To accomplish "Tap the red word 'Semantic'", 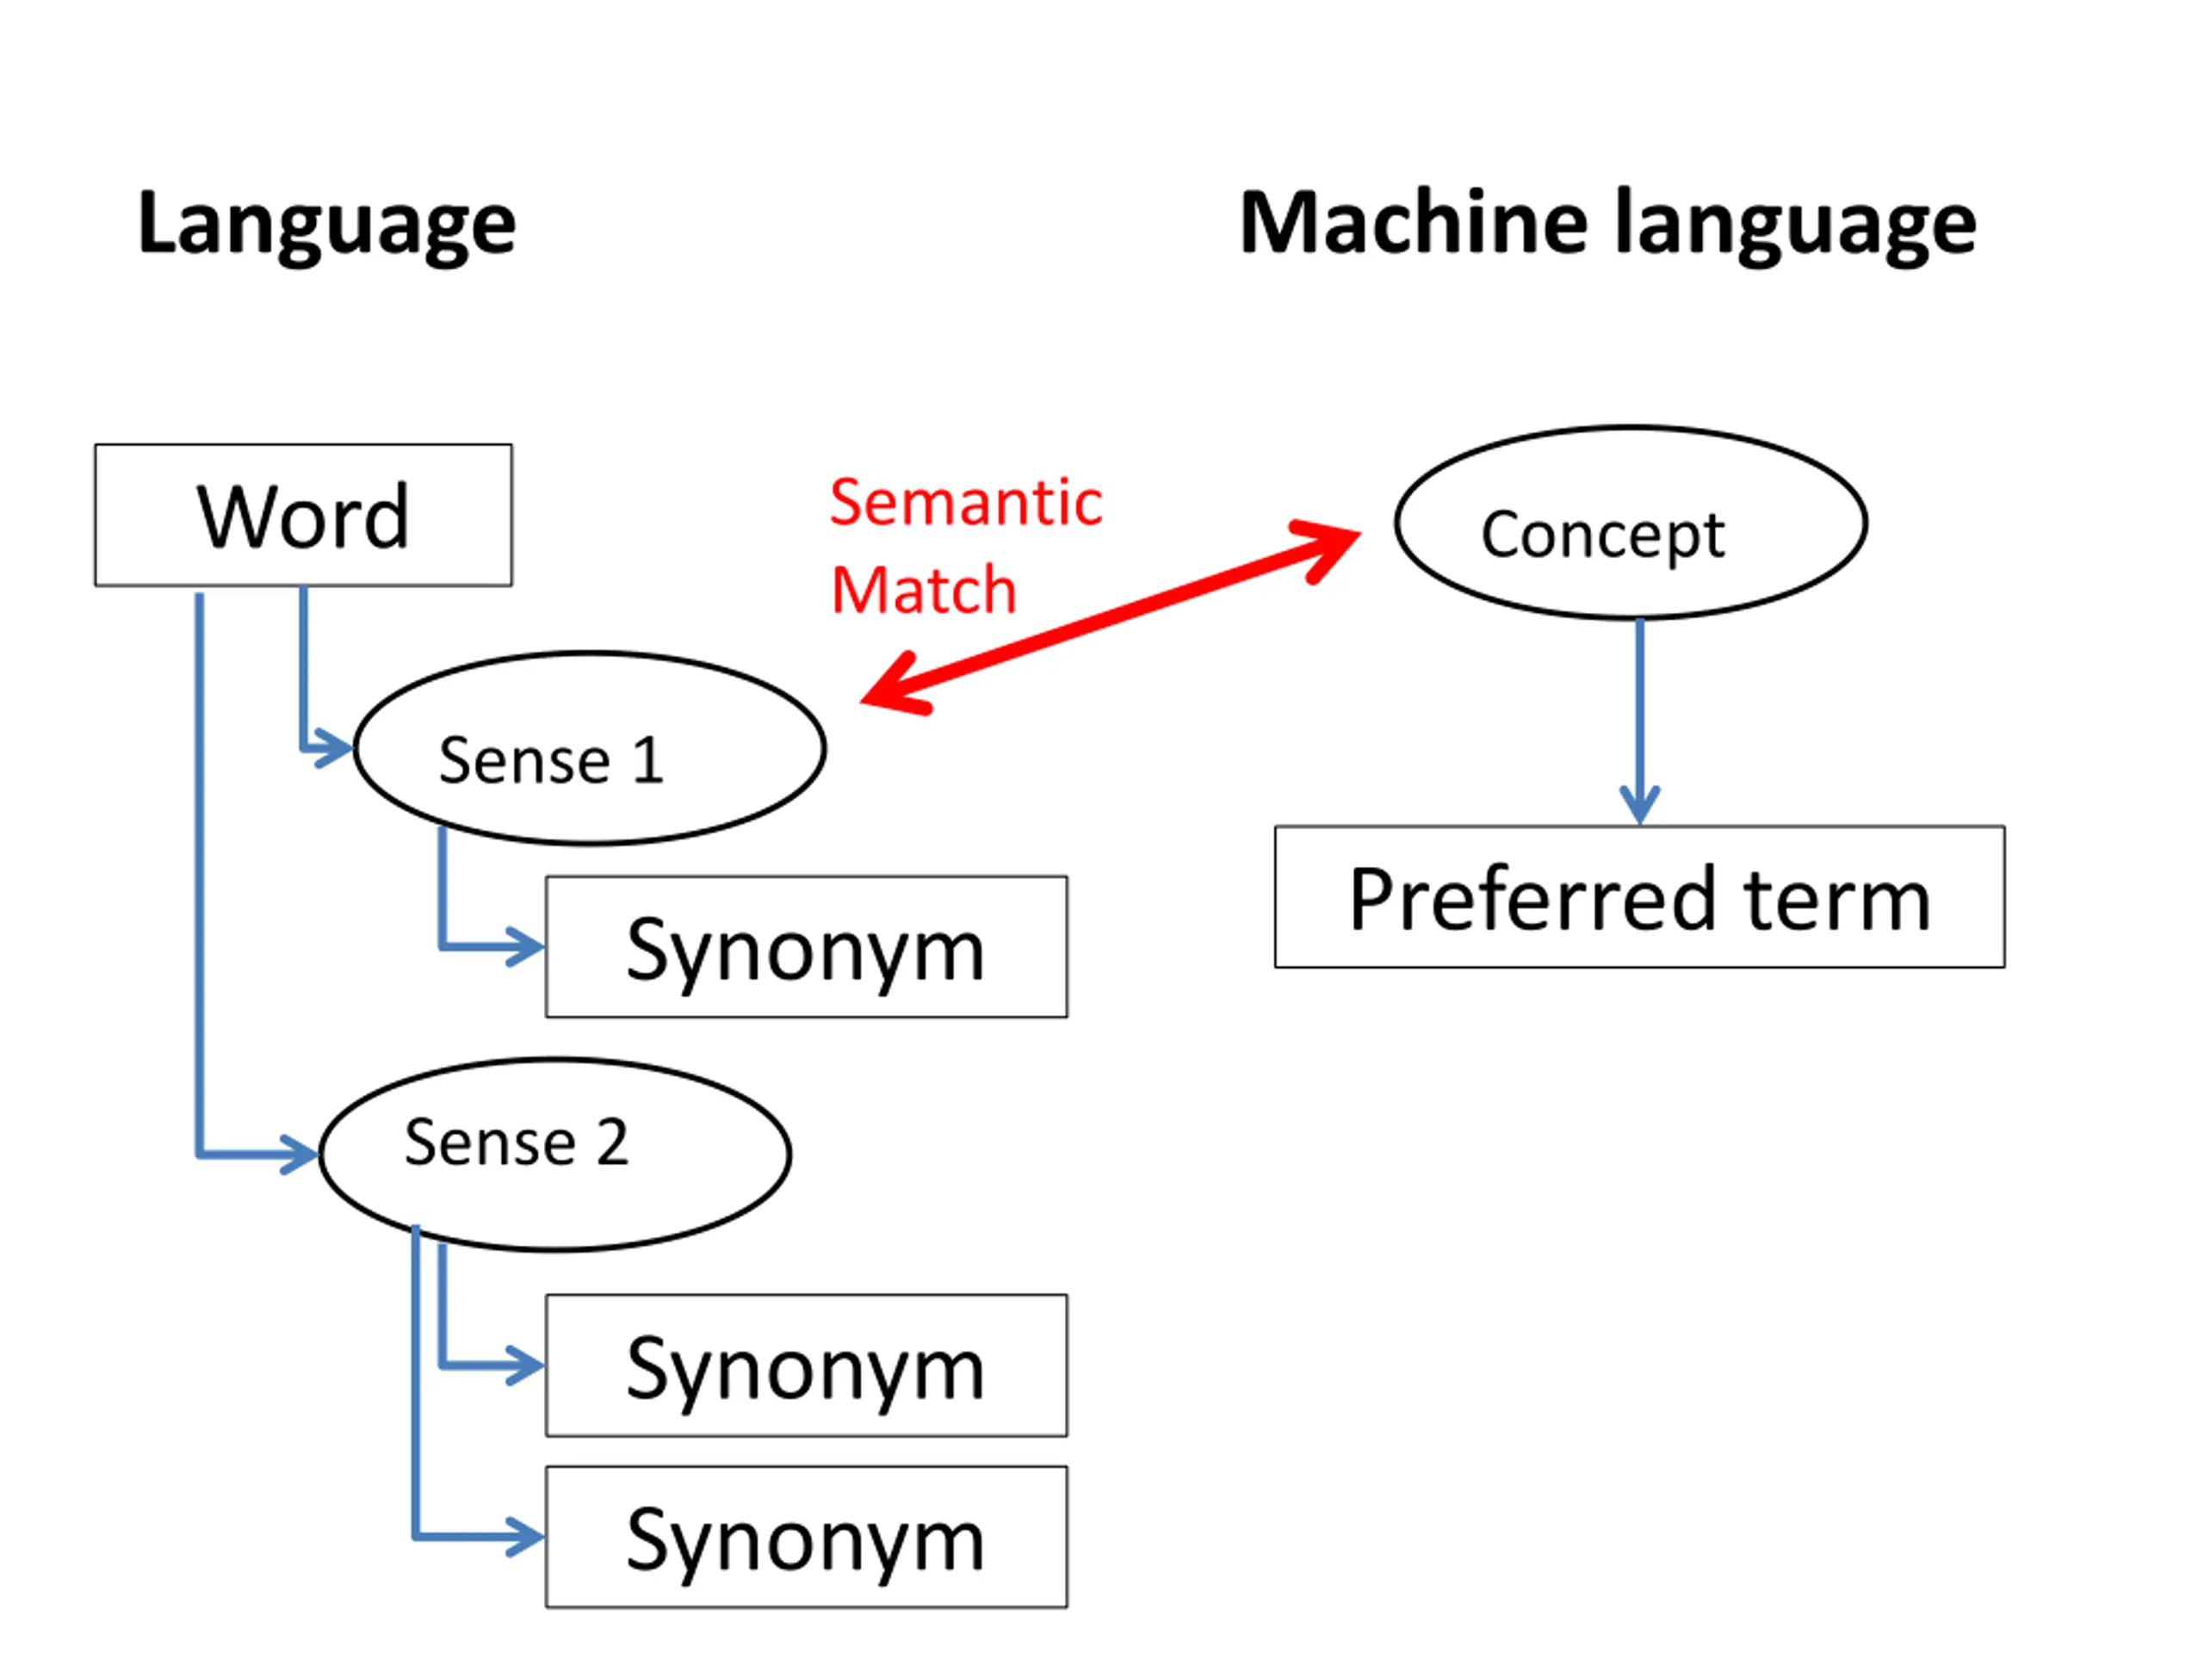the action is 965,502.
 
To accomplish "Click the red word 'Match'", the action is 924,590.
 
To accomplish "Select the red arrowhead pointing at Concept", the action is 1328,549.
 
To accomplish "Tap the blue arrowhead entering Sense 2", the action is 299,1155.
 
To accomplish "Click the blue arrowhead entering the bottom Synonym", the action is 525,1538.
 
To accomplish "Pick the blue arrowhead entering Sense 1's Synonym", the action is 525,946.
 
